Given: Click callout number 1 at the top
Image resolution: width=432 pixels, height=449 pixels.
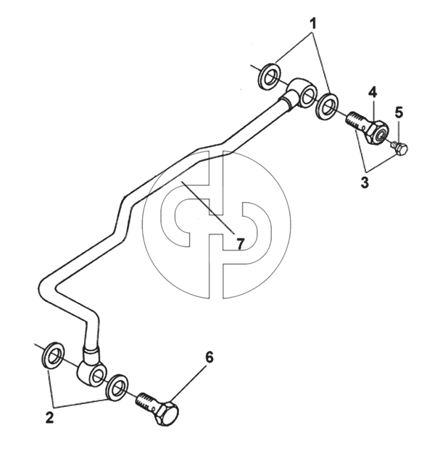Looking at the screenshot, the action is coord(313,23).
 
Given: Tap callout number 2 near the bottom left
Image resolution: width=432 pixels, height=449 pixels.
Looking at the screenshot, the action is coord(49,418).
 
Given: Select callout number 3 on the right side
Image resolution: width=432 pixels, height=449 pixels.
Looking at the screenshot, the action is coord(365,182).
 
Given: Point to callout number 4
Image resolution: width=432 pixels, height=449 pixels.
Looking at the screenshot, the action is coord(373,93).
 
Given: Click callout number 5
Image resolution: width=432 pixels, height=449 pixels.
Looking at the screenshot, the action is coord(399,113).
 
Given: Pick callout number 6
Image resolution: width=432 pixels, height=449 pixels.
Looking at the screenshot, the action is coord(209,358).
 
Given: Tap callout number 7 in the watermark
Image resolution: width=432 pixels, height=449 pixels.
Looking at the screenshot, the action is coord(240,244).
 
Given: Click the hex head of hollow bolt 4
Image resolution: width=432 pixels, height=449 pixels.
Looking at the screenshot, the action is coord(377,130).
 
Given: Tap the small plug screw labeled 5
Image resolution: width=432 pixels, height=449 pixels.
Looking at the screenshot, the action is coord(399,148).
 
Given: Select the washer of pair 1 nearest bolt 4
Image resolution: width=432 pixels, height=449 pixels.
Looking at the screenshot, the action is coord(327,106).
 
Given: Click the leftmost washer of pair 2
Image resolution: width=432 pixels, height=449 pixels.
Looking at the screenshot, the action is coord(53,355).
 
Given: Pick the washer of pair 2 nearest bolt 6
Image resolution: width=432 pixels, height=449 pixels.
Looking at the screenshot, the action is coord(117,387).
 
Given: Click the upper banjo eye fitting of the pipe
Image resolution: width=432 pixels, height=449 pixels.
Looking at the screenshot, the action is coord(302,92).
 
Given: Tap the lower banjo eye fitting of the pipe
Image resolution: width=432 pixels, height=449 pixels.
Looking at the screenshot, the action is coord(92,369).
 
